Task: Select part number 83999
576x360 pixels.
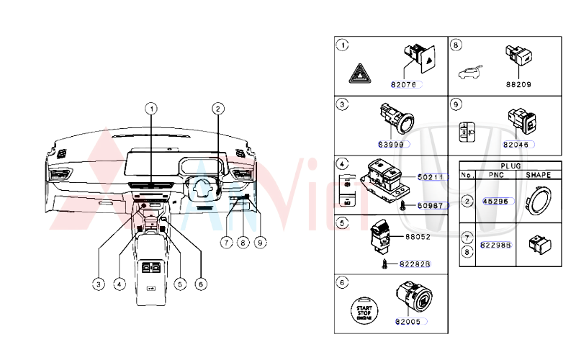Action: (x=393, y=144)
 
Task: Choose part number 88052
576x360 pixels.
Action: (x=418, y=235)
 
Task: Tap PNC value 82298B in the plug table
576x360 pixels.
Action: (x=496, y=245)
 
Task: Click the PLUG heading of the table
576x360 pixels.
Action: (x=510, y=165)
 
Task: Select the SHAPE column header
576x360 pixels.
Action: (x=538, y=175)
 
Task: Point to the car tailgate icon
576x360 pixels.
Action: (x=469, y=72)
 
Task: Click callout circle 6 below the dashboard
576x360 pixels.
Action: (x=201, y=284)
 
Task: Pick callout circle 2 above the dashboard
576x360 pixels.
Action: (x=217, y=109)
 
